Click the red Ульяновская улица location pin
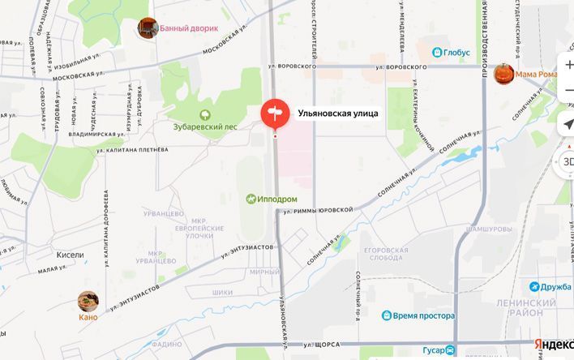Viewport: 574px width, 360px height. coord(274,113)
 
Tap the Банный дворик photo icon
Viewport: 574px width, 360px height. coord(148,28)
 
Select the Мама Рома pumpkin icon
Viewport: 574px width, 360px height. coord(504,74)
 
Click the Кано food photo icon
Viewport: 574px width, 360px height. coord(88,302)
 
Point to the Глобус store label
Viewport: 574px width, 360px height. coord(451,53)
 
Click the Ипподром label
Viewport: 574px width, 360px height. coord(272,199)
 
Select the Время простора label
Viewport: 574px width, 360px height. coord(418,315)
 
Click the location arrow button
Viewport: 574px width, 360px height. coord(568,124)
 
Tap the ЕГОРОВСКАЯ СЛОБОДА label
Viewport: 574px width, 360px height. coord(385,255)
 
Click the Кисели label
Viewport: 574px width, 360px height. coord(70,255)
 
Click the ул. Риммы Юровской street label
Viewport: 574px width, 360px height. coord(318,210)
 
